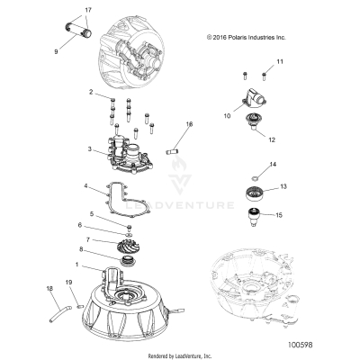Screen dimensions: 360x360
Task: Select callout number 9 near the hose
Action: (56, 51)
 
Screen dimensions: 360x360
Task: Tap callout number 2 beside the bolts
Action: (91, 93)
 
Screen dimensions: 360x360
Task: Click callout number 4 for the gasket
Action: (85, 187)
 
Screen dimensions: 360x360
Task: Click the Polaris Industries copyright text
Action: (246, 38)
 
